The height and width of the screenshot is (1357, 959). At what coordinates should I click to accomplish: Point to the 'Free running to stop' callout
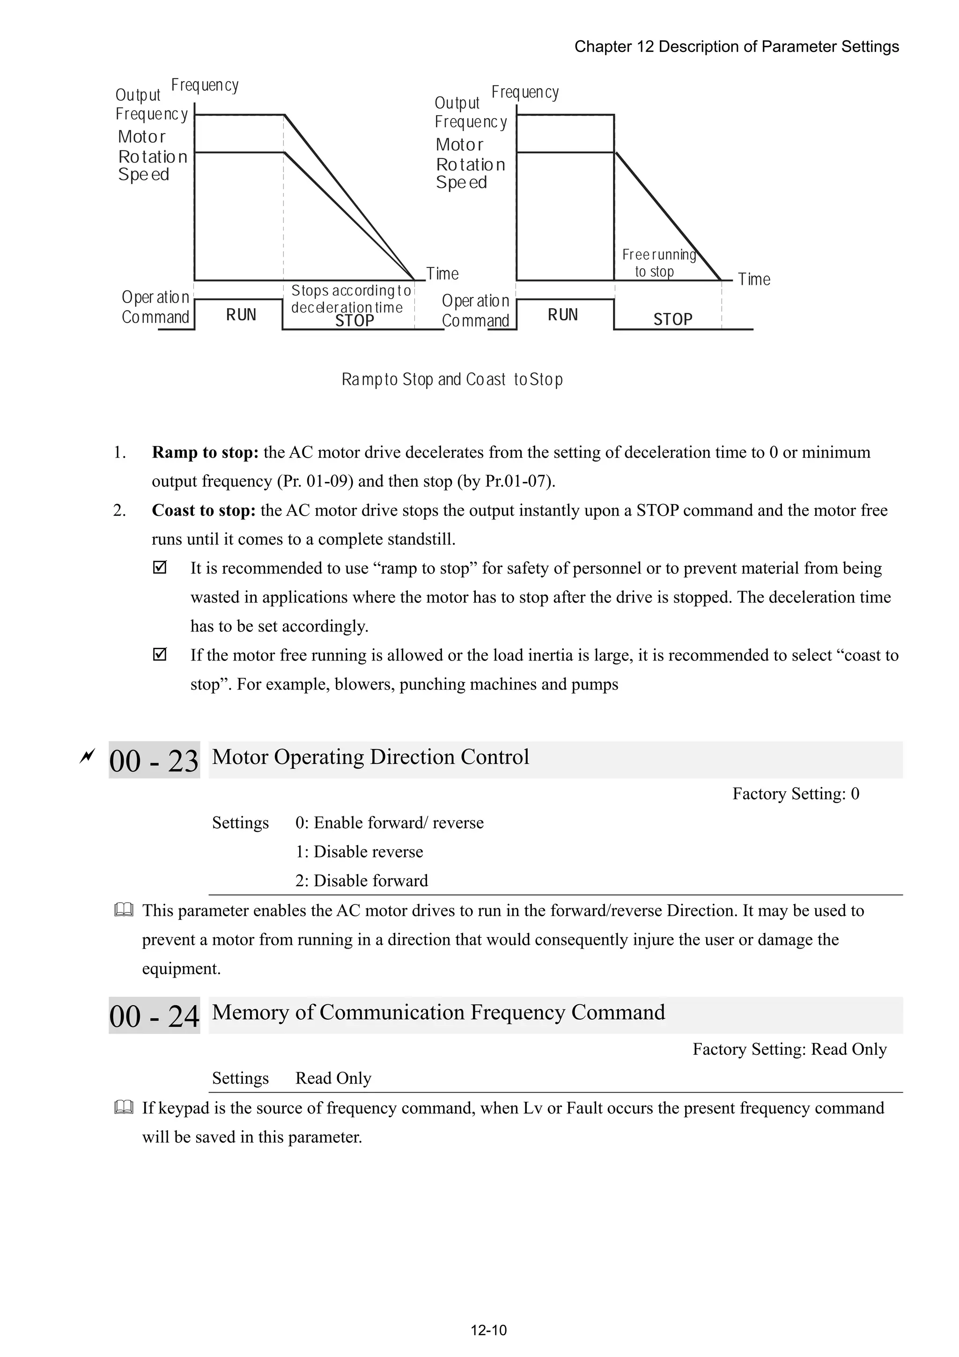(x=658, y=263)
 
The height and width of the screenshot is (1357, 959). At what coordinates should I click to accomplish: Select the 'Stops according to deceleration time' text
(x=351, y=299)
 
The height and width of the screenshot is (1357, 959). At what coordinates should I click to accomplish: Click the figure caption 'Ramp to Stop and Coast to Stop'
(x=452, y=379)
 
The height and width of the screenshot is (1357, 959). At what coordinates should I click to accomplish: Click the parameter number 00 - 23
(x=154, y=761)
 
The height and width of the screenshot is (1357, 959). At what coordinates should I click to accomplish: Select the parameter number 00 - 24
(x=154, y=1016)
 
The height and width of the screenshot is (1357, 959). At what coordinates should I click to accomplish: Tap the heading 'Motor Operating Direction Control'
(x=370, y=757)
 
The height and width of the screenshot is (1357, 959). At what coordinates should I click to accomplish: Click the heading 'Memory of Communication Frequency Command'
(x=438, y=1012)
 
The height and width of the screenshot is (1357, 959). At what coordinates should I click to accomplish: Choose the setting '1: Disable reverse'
(x=359, y=852)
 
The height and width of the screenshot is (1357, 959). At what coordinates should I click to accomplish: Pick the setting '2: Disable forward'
(x=361, y=881)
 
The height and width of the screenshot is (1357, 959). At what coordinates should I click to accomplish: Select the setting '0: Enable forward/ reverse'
(x=390, y=823)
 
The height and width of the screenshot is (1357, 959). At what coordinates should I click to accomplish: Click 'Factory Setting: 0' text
(x=795, y=794)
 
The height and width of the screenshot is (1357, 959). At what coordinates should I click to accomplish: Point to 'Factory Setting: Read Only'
(x=789, y=1049)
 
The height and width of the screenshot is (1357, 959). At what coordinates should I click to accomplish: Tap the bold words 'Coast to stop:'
(x=203, y=510)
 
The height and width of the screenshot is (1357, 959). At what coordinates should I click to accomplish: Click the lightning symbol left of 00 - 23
(x=87, y=756)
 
